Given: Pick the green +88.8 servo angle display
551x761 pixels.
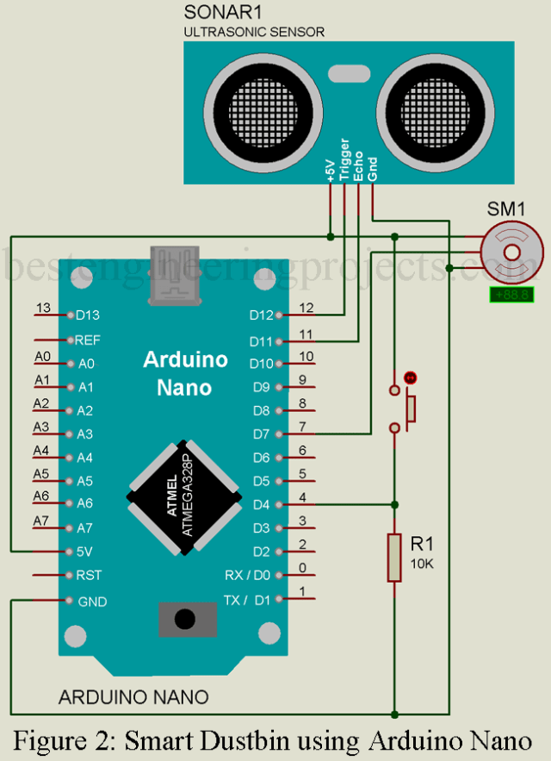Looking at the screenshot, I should pyautogui.click(x=511, y=295).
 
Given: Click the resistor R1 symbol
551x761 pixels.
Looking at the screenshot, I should pyautogui.click(x=394, y=557).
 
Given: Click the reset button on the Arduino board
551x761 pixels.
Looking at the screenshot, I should pyautogui.click(x=182, y=618).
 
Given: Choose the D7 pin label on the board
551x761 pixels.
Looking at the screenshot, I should pyautogui.click(x=263, y=434).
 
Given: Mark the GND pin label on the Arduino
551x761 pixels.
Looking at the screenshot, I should pyautogui.click(x=91, y=601).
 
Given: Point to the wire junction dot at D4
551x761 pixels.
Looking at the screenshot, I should pyautogui.click(x=394, y=504).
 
